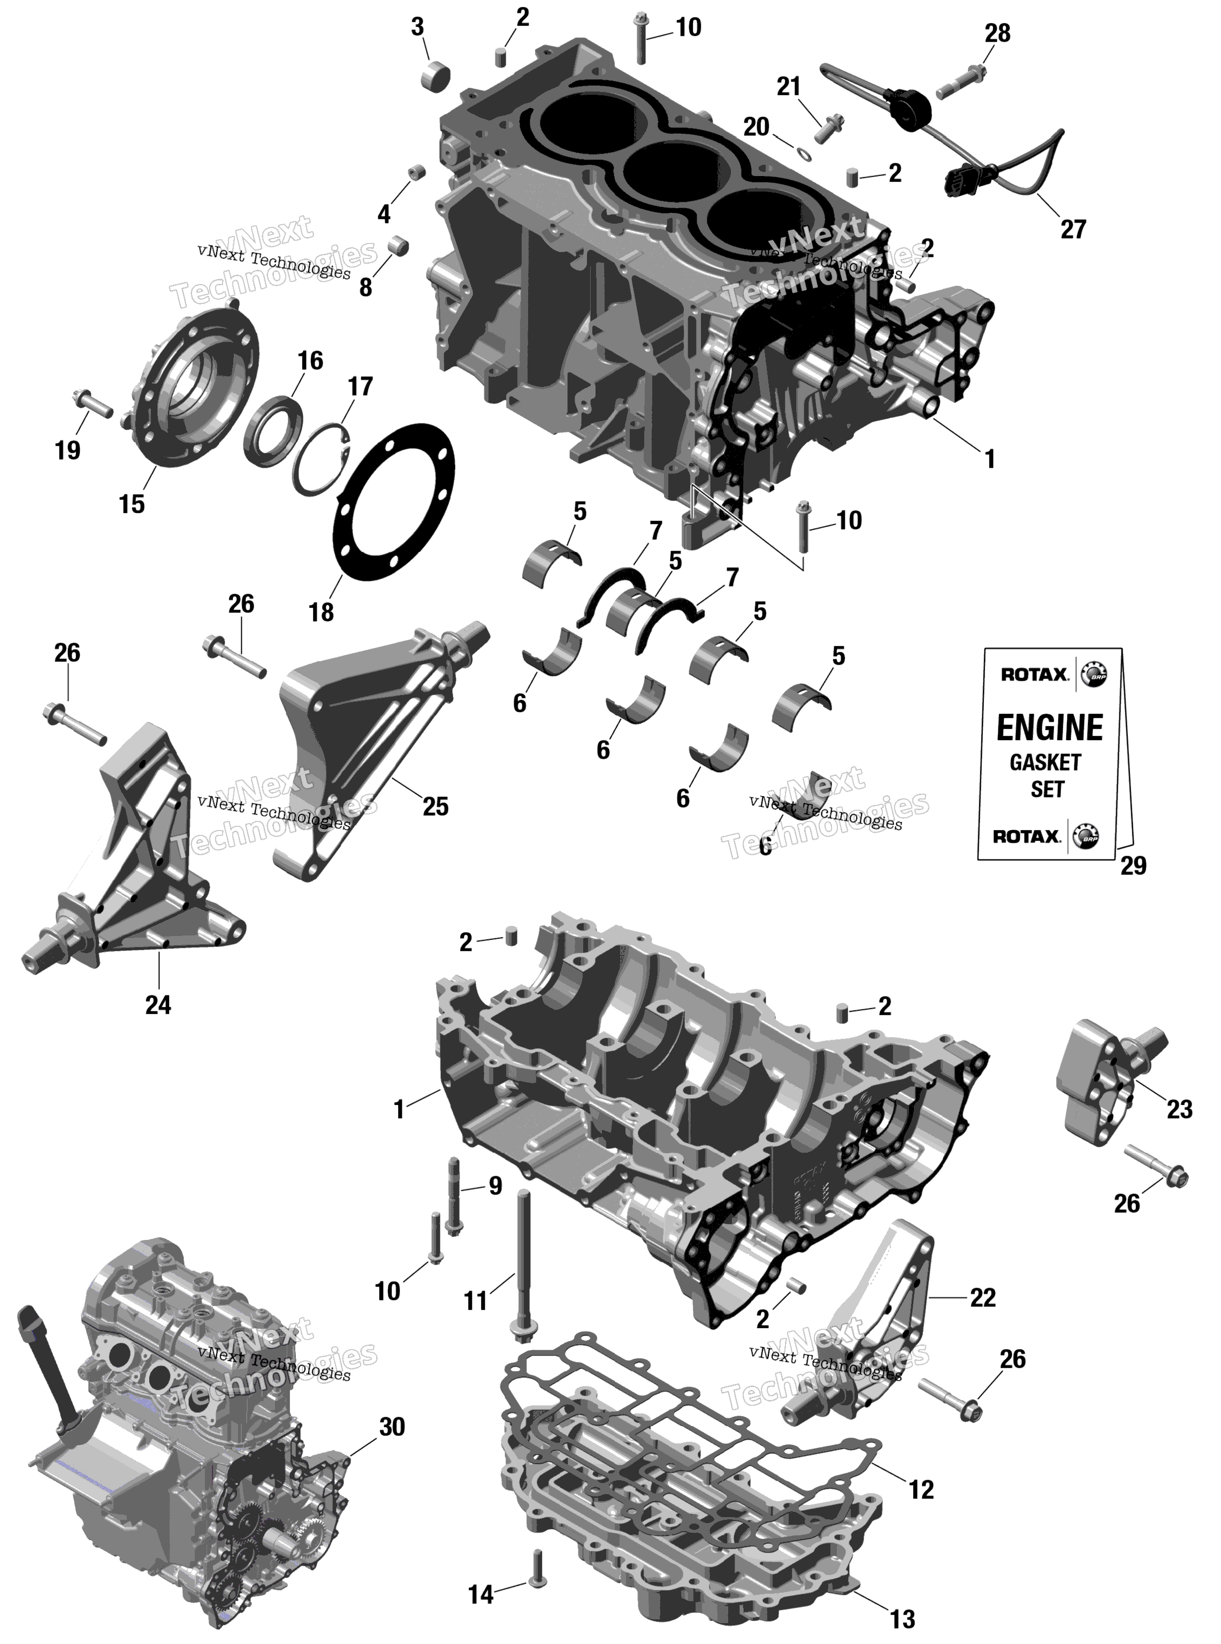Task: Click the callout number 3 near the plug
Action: click(417, 27)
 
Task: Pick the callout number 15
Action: click(132, 504)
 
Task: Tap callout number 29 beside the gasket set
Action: click(1133, 865)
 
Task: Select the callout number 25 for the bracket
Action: click(436, 806)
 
